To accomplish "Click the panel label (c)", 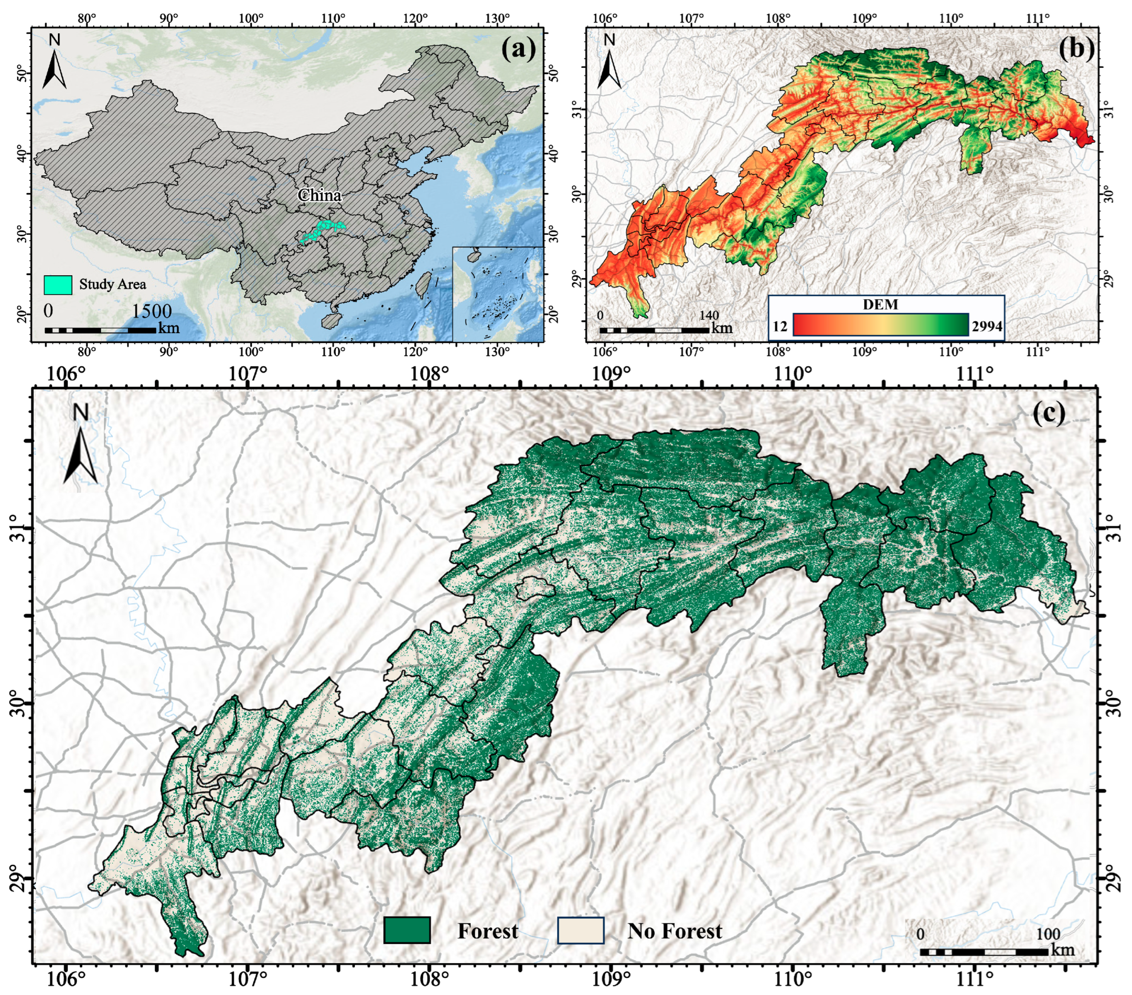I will pos(1049,414).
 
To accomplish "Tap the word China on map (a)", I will pos(319,195).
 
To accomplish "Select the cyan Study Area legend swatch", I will pos(58,285).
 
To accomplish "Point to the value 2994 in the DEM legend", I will pos(987,326).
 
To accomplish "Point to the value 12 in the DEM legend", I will pos(779,326).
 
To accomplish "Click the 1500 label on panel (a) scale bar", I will pos(151,311).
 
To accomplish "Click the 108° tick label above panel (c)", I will pos(429,373).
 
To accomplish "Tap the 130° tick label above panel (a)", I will pos(497,18).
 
